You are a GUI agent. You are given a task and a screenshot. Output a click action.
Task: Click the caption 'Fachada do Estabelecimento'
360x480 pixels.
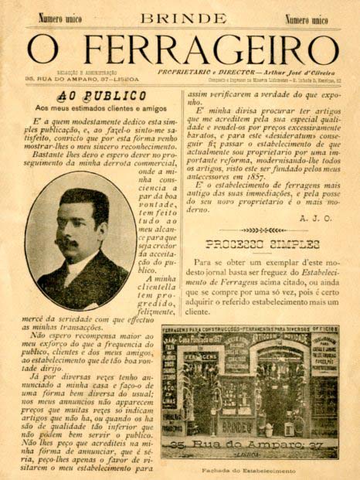(256, 471)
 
